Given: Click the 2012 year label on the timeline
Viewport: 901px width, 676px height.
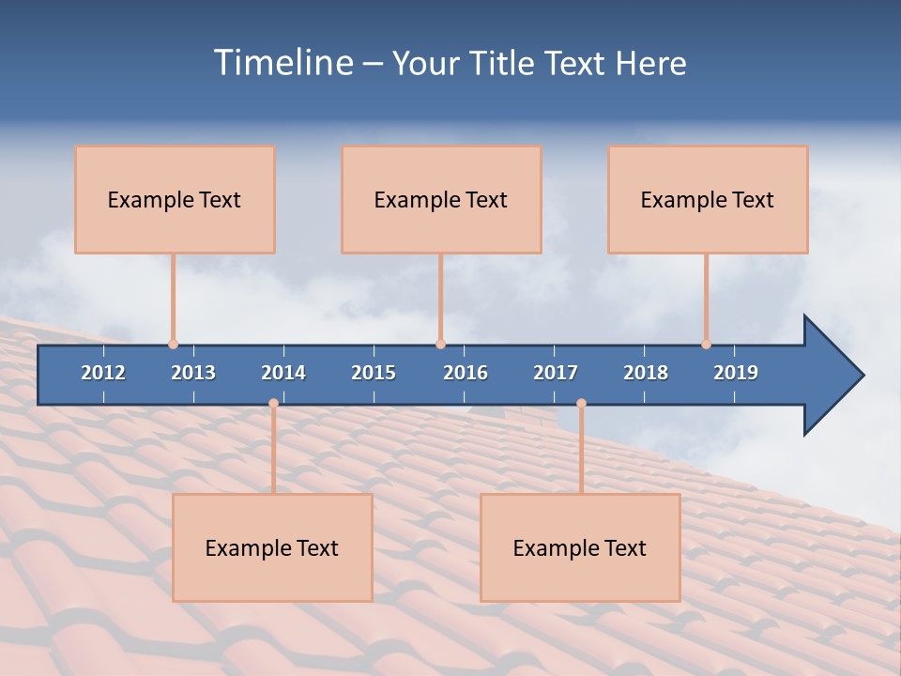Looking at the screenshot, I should click(x=103, y=373).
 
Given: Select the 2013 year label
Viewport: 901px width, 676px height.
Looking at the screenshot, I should click(x=193, y=373).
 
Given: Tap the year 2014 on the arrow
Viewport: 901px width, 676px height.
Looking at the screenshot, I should click(x=283, y=373).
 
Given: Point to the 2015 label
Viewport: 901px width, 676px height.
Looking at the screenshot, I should click(x=374, y=373).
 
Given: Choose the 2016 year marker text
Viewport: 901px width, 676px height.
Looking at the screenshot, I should click(x=466, y=373).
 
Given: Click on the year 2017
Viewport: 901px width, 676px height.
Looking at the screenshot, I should click(x=556, y=373).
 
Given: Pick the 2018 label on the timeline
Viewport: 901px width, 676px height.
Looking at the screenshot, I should click(x=646, y=373).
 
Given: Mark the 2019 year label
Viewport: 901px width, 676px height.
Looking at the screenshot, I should click(x=736, y=373).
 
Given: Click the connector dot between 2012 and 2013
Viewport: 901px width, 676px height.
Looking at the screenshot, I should click(x=173, y=345).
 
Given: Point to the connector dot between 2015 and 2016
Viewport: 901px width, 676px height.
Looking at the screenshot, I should click(x=440, y=345).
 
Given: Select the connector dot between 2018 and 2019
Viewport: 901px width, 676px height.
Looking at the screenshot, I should click(x=706, y=345).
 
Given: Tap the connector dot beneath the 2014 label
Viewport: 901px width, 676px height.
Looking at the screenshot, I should click(x=273, y=404).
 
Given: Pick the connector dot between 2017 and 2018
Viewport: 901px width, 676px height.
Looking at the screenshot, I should click(x=581, y=404).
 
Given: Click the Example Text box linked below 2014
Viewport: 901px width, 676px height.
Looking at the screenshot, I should click(x=272, y=547).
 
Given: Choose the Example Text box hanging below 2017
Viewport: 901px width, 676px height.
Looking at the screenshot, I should click(x=580, y=547).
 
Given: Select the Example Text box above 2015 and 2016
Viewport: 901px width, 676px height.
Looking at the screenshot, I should click(x=441, y=199).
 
